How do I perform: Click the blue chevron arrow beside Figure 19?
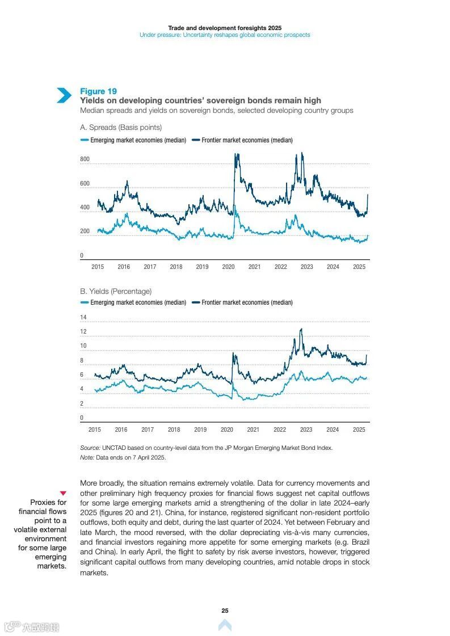(64, 95)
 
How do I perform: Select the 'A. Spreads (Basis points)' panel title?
(121, 127)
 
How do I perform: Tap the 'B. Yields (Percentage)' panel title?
(116, 291)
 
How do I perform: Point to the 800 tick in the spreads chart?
(85, 159)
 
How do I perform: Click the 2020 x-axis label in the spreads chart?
(228, 267)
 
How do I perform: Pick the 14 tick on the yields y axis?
(83, 317)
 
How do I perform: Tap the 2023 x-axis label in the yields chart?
(306, 429)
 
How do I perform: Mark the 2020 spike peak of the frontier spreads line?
(235, 154)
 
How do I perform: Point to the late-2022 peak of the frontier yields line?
(301, 329)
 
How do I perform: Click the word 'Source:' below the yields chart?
(90, 448)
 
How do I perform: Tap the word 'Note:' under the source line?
(87, 457)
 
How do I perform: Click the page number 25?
(225, 610)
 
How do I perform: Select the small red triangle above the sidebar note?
(63, 493)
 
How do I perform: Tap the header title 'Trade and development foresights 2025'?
(225, 27)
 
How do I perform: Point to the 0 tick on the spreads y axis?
(82, 256)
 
